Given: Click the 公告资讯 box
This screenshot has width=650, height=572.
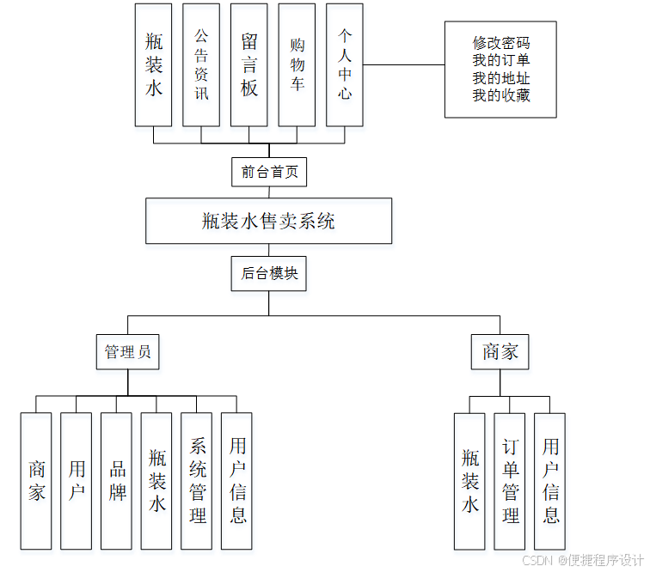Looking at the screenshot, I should [201, 64].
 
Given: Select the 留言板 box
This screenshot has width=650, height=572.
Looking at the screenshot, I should [249, 64].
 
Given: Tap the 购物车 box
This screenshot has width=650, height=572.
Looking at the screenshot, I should [297, 64].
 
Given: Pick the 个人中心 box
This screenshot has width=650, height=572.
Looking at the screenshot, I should [345, 64].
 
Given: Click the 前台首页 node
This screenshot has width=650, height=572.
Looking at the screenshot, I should [269, 172].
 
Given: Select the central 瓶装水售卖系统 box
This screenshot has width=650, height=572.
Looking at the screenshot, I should [268, 221].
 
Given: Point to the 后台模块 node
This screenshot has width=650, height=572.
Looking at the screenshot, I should [269, 274].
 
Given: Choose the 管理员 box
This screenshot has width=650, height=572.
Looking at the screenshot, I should [127, 352].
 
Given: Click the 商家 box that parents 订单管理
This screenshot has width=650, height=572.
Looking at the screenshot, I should [500, 352].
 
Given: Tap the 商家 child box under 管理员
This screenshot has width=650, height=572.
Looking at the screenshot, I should [36, 481].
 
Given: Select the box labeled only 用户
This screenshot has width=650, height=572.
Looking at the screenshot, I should [77, 481].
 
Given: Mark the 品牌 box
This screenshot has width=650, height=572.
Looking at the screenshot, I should [117, 481].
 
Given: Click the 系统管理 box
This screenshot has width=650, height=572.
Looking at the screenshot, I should [197, 481].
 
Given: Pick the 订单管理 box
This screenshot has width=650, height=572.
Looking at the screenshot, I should [510, 481].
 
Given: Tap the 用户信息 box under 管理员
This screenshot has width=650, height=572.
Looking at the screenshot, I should [237, 481].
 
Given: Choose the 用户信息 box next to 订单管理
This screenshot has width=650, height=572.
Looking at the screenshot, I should [550, 481].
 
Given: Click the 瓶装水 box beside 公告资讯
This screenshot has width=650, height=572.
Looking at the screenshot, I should [154, 64].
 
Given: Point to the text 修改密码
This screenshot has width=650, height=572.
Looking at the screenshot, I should [501, 43].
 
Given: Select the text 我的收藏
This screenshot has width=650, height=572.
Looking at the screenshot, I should [501, 95].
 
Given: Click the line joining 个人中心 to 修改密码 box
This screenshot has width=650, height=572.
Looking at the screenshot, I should [403, 64].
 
